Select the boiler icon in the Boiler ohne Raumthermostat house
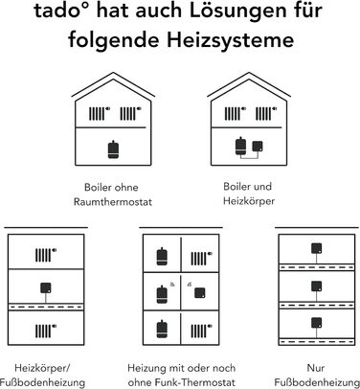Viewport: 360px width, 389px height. coord(113,149)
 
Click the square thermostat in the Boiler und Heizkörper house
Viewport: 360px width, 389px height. coord(258,147)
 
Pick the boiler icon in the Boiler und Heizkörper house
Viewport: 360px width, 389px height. coord(241,147)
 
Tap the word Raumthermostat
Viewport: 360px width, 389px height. coord(113,202)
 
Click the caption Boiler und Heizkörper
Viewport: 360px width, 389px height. coord(248,194)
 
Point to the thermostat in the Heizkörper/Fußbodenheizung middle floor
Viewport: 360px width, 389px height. coord(46,288)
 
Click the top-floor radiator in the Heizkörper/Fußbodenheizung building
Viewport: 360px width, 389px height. coord(46,255)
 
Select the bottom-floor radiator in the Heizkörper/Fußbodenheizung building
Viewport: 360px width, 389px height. coord(46,331)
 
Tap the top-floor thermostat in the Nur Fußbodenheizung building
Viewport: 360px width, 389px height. coord(317,248)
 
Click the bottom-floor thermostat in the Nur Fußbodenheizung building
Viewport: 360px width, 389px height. coord(317,323)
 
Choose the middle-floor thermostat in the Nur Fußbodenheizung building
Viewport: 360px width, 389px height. coord(317,286)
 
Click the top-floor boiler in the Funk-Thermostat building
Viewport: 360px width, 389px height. coord(162,257)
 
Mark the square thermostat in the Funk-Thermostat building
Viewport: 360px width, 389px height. coord(200,293)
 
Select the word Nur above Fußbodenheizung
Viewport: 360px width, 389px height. coord(316,368)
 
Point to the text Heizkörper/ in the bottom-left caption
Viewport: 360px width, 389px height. coord(42,368)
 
